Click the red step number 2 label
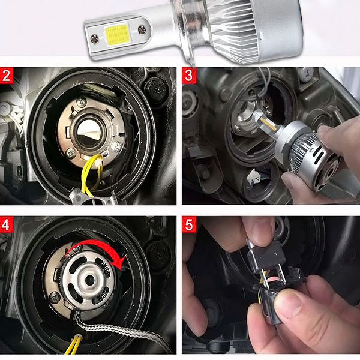[x=7, y=76]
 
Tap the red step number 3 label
[x=189, y=76]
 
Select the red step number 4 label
[x=7, y=224]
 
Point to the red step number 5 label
[x=189, y=224]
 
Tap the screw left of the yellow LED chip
[x=95, y=39]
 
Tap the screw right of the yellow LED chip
[x=142, y=30]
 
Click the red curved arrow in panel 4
[x=97, y=249]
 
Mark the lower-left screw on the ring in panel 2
[x=70, y=152]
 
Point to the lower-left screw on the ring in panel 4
[x=55, y=298]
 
